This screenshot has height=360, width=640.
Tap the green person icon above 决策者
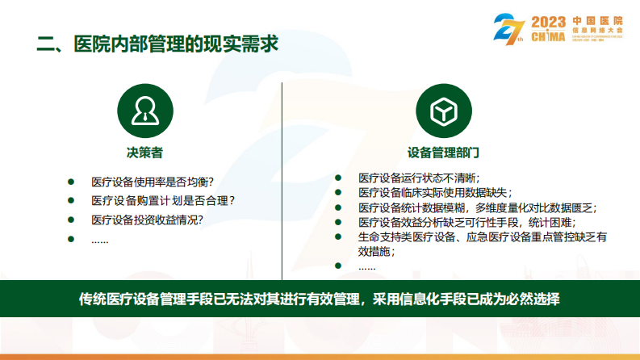tap(144, 110)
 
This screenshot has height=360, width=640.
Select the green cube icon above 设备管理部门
tap(444, 110)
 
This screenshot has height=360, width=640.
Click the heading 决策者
tap(144, 152)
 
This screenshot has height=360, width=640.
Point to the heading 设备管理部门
tap(444, 152)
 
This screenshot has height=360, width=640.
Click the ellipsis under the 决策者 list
tap(99, 239)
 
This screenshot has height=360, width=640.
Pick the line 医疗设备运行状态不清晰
tap(419, 178)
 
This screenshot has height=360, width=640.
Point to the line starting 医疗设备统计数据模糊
tap(477, 207)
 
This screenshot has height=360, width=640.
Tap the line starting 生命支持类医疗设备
tap(482, 237)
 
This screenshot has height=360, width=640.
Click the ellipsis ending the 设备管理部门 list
tap(366, 266)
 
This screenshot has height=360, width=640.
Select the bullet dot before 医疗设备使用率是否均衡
tap(71, 182)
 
